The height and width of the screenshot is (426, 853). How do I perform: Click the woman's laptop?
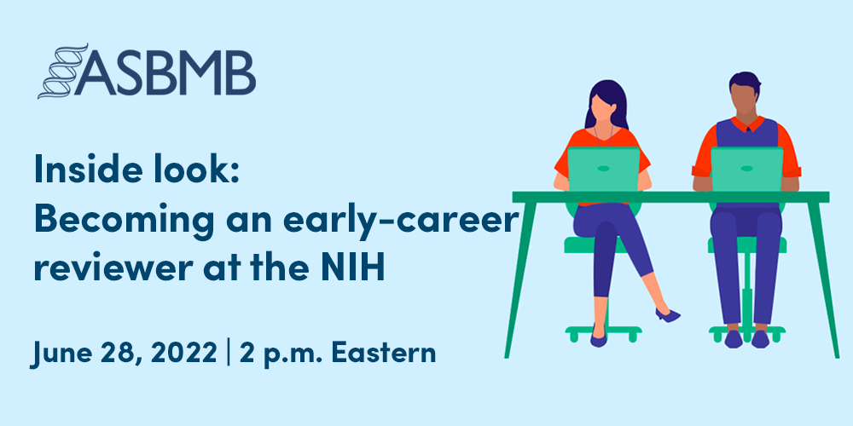[603, 168]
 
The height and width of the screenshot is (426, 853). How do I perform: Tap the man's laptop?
[746, 168]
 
